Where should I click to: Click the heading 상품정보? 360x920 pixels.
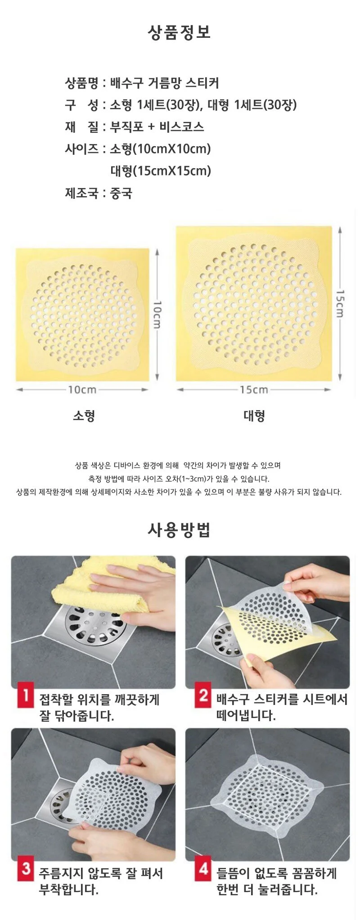tap(180, 32)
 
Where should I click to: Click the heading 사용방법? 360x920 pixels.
tap(179, 530)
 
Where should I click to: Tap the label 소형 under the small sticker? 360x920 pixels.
tap(84, 415)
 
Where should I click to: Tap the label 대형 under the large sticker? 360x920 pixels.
tap(254, 415)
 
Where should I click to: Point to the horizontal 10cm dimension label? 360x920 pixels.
tap(82, 390)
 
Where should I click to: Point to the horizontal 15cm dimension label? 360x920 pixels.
tap(254, 390)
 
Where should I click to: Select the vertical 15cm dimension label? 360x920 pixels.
tap(341, 304)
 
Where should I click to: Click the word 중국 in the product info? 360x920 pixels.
tap(121, 193)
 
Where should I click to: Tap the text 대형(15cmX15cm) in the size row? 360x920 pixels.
tap(161, 171)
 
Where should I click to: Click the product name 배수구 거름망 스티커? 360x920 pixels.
tap(165, 83)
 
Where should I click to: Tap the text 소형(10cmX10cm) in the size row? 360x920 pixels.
tap(161, 149)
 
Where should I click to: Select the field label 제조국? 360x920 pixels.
tap(81, 193)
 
